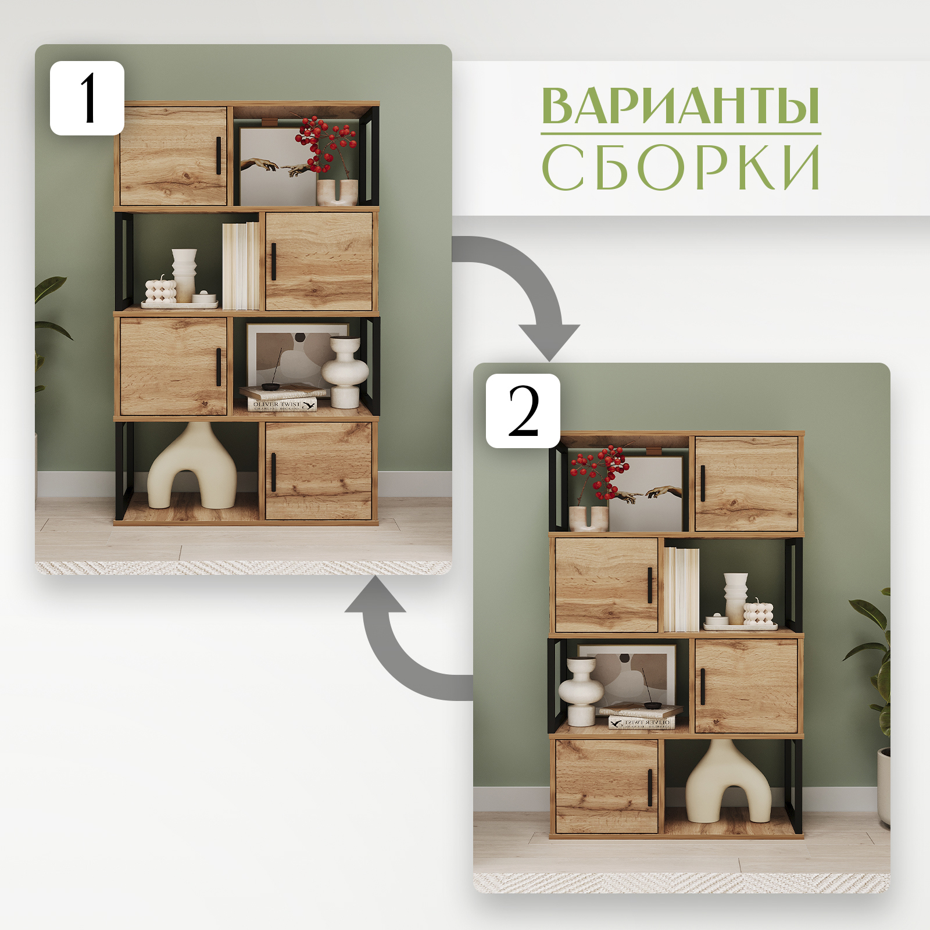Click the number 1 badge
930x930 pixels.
[x=87, y=98]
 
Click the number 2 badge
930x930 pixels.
[x=523, y=411]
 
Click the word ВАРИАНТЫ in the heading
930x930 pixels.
[x=680, y=106]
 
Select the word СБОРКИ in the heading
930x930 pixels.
[x=680, y=167]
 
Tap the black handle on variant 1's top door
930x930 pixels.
[x=219, y=156]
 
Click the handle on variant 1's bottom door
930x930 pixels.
[x=274, y=472]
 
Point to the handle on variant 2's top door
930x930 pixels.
[x=703, y=483]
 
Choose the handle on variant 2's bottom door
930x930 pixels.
[x=650, y=788]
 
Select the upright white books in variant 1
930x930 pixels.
[x=241, y=266]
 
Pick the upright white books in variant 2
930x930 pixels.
[x=681, y=589]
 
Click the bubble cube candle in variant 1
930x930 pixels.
[x=160, y=291]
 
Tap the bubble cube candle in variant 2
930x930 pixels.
[x=759, y=614]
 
